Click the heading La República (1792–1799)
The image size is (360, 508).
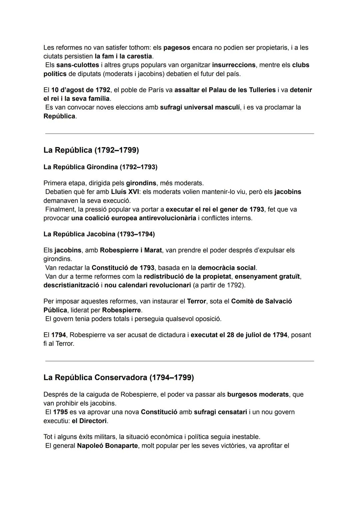point(91,150)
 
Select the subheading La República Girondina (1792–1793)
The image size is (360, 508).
point(100,167)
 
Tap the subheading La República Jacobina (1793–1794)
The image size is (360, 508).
point(99,234)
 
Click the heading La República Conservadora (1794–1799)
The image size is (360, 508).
point(118,377)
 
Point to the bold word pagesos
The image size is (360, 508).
point(177,48)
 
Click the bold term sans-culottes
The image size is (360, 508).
point(78,65)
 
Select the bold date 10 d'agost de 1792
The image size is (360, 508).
point(81,90)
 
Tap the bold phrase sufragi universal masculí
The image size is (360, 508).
point(200,108)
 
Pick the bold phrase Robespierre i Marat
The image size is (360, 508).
point(131,250)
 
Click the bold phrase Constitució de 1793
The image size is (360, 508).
point(123,268)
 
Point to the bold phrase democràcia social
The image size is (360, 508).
point(227,268)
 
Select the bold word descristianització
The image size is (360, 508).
point(71,285)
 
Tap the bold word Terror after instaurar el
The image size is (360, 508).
point(196,301)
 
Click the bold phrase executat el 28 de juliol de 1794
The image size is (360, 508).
point(239,335)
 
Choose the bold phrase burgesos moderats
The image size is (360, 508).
point(258,394)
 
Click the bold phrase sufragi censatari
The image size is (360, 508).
point(220,412)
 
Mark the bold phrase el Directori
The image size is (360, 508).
point(89,421)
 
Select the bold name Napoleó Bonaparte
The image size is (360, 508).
point(107,446)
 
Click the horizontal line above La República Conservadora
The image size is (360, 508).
point(180,361)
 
